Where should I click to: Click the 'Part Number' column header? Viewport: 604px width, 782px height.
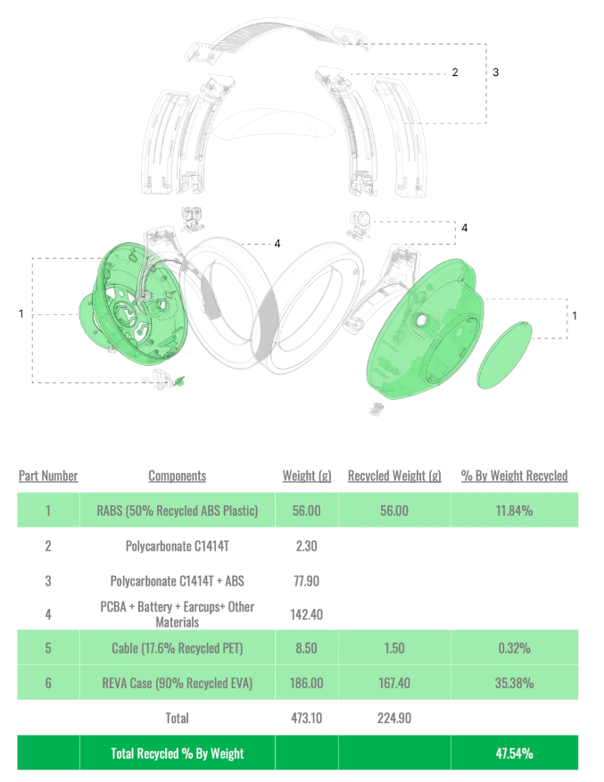coord(48,476)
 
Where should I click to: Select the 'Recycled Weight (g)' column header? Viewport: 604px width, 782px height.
coord(394,476)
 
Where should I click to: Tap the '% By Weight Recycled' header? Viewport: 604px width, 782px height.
coord(514,476)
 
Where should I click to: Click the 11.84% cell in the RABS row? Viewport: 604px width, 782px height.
coord(514,511)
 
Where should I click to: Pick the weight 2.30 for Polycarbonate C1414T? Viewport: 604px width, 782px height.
coord(307,545)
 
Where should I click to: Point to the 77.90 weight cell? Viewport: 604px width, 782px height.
coord(307,580)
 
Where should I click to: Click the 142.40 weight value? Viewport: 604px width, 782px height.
coord(307,614)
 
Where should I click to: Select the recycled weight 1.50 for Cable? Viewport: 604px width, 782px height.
coord(394,648)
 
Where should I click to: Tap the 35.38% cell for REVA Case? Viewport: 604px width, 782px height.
coord(514,683)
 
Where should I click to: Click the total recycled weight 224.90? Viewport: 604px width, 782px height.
coord(394,718)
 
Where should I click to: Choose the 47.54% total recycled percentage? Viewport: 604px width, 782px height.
coord(514,753)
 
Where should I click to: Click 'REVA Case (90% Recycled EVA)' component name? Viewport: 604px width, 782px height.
coord(178,683)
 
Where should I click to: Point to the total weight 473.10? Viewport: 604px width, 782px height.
coord(307,718)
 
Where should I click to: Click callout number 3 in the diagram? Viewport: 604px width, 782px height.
coord(495,71)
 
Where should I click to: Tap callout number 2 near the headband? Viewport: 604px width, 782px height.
coord(455,71)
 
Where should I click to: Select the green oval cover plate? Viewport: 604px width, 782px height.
coord(504,354)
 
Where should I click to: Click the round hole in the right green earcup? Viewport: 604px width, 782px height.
coord(420,320)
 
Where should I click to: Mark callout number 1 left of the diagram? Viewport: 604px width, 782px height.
coord(21,313)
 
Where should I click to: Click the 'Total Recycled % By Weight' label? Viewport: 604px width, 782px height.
coord(178,753)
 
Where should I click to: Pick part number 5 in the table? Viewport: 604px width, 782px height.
coord(48,648)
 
